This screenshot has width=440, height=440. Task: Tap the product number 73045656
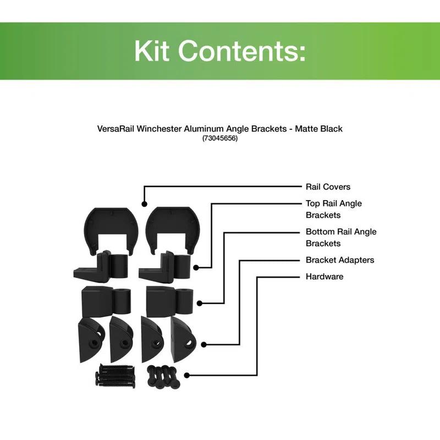pyautogui.click(x=219, y=139)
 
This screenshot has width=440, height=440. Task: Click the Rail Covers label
pyautogui.click(x=328, y=187)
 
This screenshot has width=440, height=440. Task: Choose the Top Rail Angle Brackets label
pyautogui.click(x=333, y=209)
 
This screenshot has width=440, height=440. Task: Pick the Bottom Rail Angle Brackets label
pyautogui.click(x=341, y=238)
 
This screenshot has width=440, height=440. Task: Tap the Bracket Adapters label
pyautogui.click(x=339, y=260)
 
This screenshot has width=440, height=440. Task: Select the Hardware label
pyautogui.click(x=324, y=277)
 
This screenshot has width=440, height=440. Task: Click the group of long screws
pyautogui.click(x=116, y=376)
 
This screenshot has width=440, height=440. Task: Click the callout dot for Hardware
pyautogui.click(x=187, y=376)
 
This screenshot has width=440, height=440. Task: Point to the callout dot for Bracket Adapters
pyautogui.click(x=204, y=345)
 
